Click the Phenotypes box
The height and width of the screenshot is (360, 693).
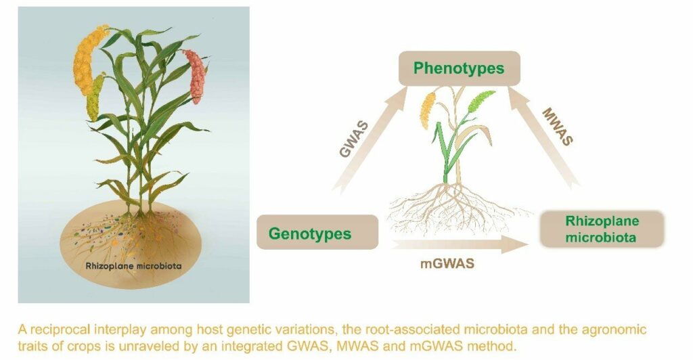click(x=460, y=68)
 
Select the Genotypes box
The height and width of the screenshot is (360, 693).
click(x=317, y=232)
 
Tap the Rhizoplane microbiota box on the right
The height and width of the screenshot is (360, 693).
click(x=602, y=229)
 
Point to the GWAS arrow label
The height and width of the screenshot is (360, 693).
click(x=353, y=139)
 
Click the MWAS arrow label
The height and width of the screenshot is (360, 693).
click(x=558, y=127)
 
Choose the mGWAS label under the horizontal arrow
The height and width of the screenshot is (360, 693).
click(x=447, y=264)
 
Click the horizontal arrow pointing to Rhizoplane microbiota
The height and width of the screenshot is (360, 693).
click(x=460, y=244)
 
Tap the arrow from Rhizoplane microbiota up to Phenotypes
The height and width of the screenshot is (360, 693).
click(x=543, y=137)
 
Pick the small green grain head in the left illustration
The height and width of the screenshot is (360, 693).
click(x=94, y=98)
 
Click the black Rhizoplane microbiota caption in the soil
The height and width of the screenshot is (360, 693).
click(x=133, y=266)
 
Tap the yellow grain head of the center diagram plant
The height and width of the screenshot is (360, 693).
click(x=427, y=110)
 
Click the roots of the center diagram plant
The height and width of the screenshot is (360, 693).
click(x=455, y=208)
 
